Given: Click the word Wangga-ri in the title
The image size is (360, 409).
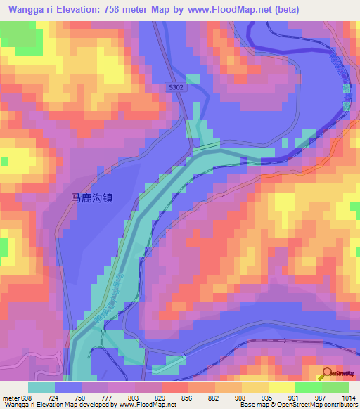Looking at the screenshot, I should coord(27,10).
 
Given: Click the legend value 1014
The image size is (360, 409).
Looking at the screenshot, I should coord(347,397).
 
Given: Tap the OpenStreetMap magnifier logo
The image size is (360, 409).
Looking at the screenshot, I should coord(328,374).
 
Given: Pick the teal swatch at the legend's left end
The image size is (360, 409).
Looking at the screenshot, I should coord(41,387).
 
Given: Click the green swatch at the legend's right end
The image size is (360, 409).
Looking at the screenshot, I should coord(335,387).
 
